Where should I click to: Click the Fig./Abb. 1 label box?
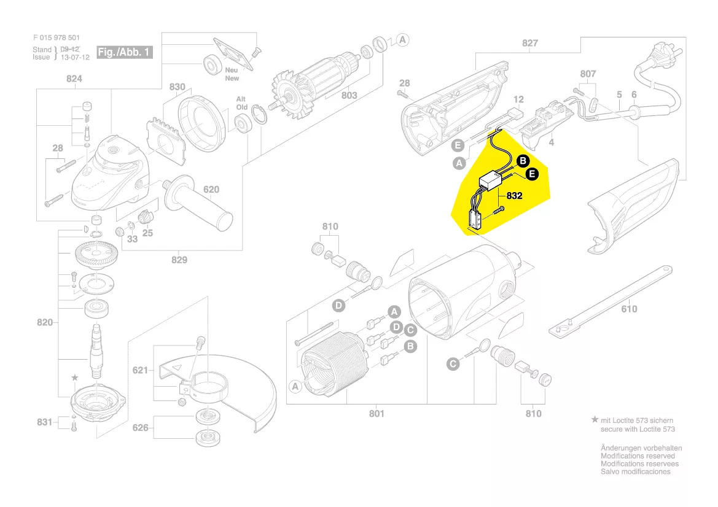(125, 52)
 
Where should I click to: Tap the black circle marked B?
(522, 161)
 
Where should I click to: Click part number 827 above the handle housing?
(529, 43)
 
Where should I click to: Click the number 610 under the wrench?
(629, 309)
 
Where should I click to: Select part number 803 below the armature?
(349, 95)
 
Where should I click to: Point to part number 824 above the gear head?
(74, 79)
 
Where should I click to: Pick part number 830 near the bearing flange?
(177, 87)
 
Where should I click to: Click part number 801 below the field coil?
(377, 414)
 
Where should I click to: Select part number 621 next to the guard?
(141, 370)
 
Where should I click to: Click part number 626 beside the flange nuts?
(141, 427)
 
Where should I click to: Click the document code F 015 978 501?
(57, 37)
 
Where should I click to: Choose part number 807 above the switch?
(588, 74)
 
